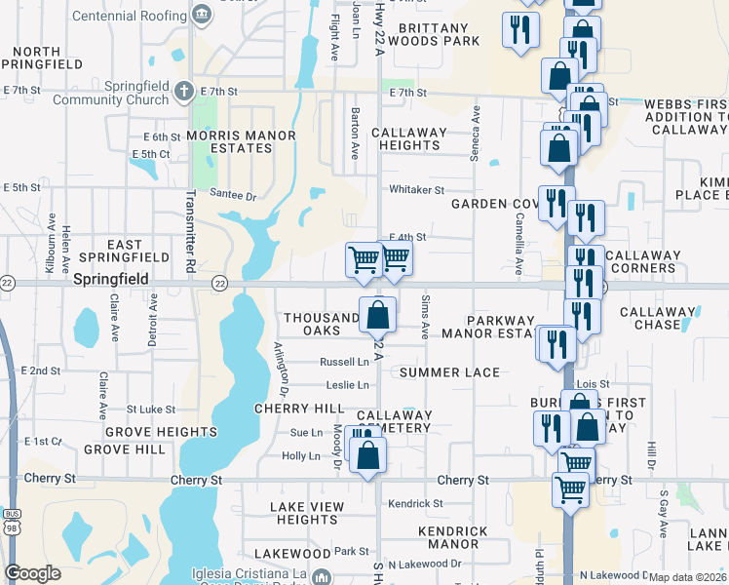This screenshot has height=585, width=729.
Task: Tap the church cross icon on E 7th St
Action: pyautogui.click(x=185, y=92)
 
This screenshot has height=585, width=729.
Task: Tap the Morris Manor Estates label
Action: pyautogui.click(x=228, y=140)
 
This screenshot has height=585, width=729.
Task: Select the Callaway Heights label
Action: pyautogui.click(x=408, y=138)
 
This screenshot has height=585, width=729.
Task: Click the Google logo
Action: pyautogui.click(x=32, y=573)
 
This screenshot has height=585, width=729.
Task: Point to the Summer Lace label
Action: pyautogui.click(x=449, y=372)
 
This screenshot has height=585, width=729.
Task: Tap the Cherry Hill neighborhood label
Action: pyautogui.click(x=299, y=408)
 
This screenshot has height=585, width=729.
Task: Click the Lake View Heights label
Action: pyautogui.click(x=306, y=513)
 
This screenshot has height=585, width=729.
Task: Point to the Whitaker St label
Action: pyautogui.click(x=416, y=190)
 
